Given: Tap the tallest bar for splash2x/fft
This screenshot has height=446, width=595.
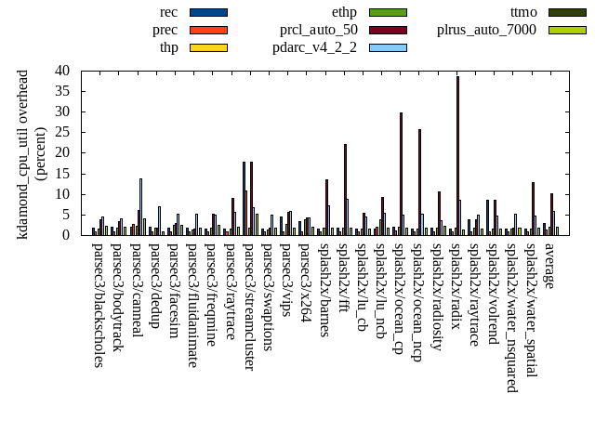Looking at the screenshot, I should [345, 190].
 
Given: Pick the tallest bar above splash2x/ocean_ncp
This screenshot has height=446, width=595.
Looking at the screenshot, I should [419, 182].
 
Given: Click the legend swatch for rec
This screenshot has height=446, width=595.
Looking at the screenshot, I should [207, 12].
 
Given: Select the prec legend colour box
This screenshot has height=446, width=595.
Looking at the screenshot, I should [207, 30].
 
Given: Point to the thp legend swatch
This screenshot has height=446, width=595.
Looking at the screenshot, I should [207, 47].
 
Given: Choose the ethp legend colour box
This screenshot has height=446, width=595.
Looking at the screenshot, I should [388, 12].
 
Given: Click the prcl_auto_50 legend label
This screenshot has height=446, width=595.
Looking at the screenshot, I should [319, 30].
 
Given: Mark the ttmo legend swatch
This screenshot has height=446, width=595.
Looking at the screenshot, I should [567, 12].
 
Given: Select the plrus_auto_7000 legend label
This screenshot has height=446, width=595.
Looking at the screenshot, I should [486, 30].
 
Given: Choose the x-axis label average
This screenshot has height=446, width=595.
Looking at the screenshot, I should [549, 264].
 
